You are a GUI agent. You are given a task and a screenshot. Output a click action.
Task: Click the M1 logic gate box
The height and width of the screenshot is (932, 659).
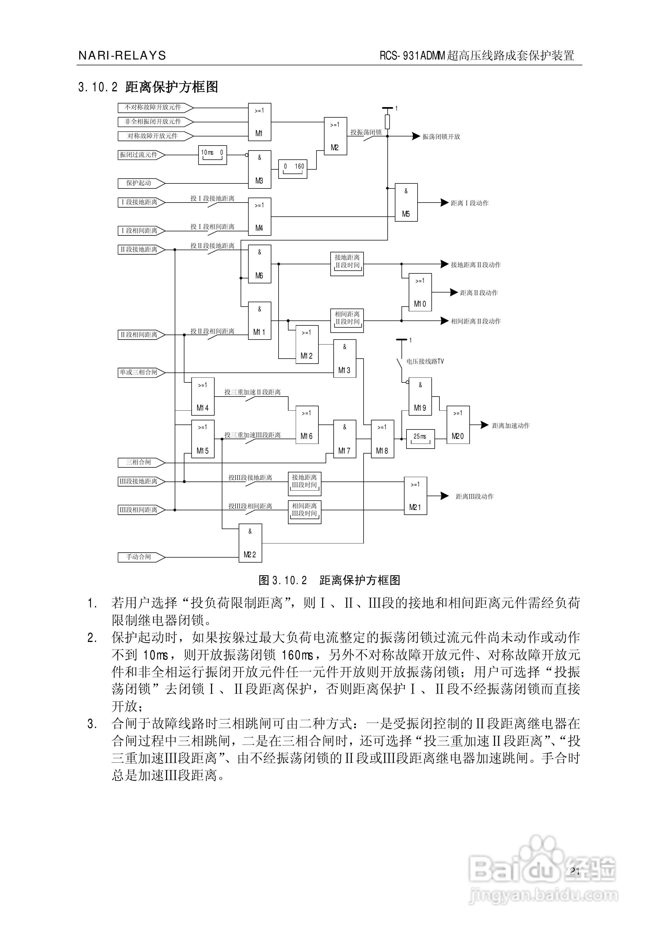coord(260,122)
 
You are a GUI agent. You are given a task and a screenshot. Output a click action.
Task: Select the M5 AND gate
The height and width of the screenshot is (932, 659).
coord(406,202)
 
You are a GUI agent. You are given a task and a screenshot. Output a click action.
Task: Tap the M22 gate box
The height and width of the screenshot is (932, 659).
coord(250,543)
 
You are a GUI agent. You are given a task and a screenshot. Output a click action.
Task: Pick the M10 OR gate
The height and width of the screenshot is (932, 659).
coord(420,292)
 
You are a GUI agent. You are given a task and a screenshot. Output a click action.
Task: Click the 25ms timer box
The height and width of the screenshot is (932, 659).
coord(420,438)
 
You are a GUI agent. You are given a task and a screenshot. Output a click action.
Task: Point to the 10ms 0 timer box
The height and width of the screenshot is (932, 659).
coord(212,155)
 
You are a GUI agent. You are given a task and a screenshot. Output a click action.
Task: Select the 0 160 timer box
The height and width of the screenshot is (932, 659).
coord(292,169)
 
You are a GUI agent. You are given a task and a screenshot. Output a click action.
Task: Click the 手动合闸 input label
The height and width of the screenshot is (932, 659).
coord(139,557)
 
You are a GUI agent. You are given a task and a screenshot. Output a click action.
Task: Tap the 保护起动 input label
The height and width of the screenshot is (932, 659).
coord(139,183)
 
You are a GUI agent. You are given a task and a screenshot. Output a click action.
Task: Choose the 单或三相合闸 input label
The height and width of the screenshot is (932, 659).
coord(139,372)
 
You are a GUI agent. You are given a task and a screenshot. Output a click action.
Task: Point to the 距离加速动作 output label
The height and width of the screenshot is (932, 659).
coord(511,425)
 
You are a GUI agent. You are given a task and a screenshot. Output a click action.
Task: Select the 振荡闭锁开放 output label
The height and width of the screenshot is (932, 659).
coord(441,137)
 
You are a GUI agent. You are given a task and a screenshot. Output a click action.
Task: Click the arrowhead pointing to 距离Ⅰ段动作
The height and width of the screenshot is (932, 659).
coord(444,203)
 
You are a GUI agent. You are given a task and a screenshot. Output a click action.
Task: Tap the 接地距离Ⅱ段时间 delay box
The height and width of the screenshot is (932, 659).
coord(347,263)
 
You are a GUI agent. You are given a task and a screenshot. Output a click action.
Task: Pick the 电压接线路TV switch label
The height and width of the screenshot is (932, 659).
coord(425,361)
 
